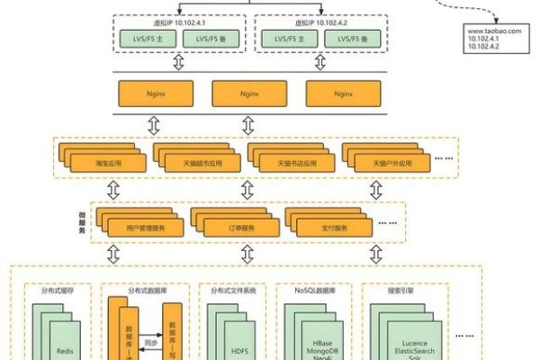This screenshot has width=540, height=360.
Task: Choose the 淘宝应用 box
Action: [108, 164]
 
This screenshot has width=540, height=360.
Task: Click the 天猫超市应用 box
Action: [203, 164]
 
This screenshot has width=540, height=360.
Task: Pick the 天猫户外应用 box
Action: [391, 164]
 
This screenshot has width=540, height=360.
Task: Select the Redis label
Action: [64, 350]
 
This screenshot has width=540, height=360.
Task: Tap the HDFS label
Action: [238, 350]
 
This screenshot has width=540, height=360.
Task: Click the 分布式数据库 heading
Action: [146, 292]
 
